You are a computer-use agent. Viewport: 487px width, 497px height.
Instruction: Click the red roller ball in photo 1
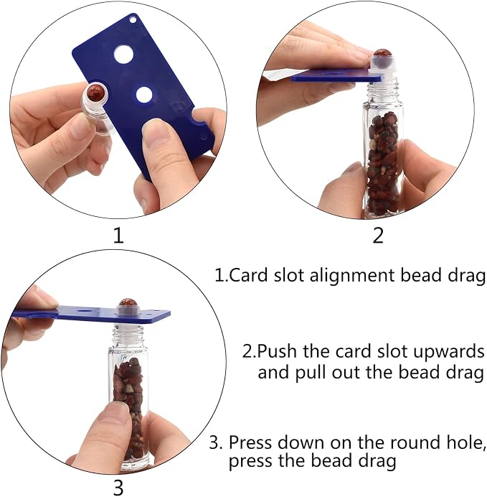pyautogui.click(x=95, y=93)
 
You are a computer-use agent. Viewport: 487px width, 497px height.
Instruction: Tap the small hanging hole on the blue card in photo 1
pyautogui.click(x=133, y=20)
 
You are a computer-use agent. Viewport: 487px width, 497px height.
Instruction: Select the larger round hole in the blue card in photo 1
pyautogui.click(x=124, y=54)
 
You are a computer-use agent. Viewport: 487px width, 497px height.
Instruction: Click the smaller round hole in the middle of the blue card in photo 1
pyautogui.click(x=144, y=95)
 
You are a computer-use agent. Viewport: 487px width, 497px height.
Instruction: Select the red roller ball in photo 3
pyautogui.click(x=128, y=305)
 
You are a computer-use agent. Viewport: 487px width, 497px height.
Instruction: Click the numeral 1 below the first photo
pyautogui.click(x=118, y=236)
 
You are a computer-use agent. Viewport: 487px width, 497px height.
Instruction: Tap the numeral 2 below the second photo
pyautogui.click(x=378, y=236)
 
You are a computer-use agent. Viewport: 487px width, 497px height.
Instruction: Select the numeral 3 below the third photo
pyautogui.click(x=118, y=488)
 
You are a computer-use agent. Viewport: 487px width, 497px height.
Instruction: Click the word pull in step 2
pyautogui.click(x=311, y=373)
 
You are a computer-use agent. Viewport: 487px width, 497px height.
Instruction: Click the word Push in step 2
pyautogui.click(x=278, y=351)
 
